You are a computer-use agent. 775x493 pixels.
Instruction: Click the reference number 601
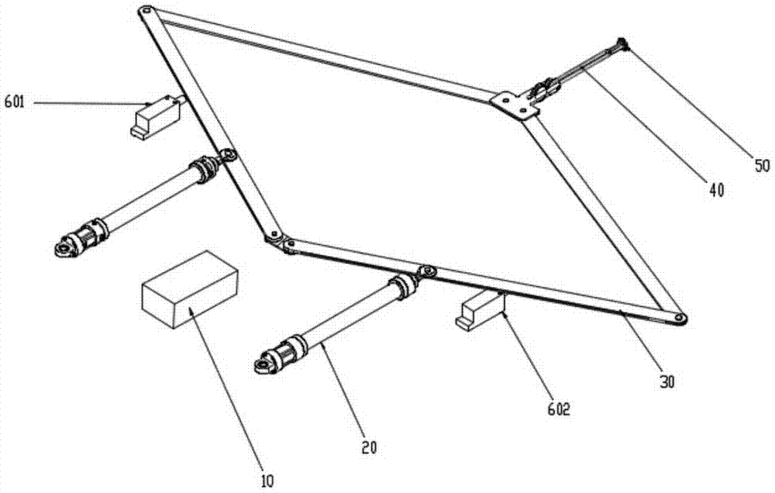tap(15, 103)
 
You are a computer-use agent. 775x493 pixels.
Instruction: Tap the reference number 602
tap(559, 409)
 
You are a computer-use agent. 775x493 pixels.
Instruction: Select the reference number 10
tap(267, 481)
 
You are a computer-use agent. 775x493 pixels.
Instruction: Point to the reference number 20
tap(369, 447)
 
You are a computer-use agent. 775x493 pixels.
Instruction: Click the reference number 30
tap(666, 381)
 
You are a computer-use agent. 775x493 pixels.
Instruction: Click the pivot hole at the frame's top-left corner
tap(146, 10)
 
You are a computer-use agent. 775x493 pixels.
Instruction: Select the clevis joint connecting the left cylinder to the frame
tap(227, 157)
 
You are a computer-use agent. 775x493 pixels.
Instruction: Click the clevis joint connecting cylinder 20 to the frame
tap(426, 272)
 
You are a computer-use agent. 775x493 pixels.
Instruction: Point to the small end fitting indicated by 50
tap(622, 44)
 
